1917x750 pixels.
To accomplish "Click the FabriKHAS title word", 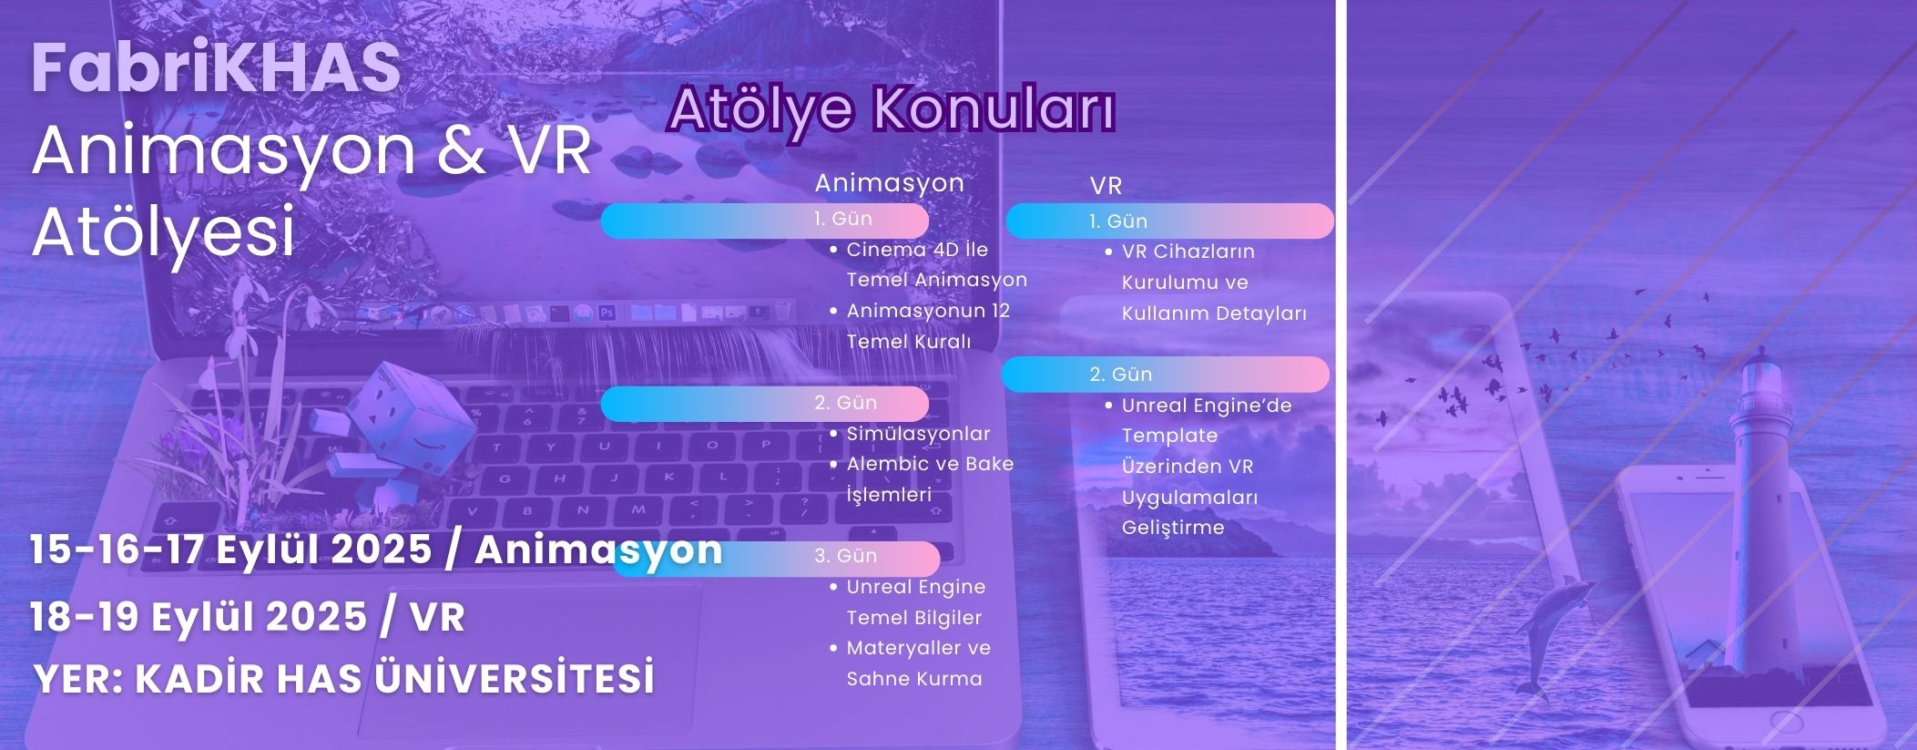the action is tap(216, 68).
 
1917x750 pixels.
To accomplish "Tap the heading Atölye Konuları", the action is tap(892, 110).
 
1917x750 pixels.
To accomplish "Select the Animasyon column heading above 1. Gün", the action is tap(890, 183).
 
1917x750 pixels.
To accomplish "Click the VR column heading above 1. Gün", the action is tap(1106, 186).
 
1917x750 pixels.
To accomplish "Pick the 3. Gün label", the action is tap(846, 556).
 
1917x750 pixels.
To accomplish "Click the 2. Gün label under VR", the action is tap(1121, 375).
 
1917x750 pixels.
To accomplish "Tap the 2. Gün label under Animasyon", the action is tap(846, 403).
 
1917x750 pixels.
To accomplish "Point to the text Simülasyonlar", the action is tap(918, 434).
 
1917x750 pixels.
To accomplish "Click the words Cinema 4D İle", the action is tap(917, 250).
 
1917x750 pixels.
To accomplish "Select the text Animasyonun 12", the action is tap(928, 311).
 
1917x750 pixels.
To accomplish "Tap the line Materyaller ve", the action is tap(918, 648).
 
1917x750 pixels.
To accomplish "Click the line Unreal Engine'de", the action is tap(1207, 406).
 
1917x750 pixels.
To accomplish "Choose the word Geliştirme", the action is tap(1173, 528).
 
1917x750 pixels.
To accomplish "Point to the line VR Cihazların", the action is tap(1188, 252).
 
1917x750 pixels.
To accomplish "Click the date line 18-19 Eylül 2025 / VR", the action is tap(248, 617).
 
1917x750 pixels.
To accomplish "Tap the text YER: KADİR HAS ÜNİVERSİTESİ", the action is tap(344, 679).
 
